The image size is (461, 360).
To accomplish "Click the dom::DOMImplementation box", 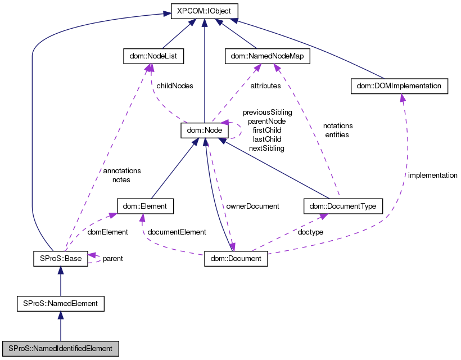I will point(399,86).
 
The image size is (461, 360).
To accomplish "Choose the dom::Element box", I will point(145,206).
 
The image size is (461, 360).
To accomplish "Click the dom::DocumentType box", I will point(343,206).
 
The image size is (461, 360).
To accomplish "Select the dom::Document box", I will point(236,259).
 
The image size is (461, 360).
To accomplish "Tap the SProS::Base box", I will point(60,259).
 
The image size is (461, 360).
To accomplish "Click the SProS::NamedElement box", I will point(60,303).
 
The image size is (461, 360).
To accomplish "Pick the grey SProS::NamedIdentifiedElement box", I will point(60,348).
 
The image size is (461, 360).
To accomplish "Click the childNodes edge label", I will point(175,86).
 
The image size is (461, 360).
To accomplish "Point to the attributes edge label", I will point(265,86).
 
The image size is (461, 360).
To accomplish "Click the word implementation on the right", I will point(432,175).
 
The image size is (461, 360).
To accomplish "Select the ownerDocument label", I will point(252,206).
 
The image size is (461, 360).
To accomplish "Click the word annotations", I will point(121,170).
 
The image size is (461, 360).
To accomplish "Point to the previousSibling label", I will point(267,112).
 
